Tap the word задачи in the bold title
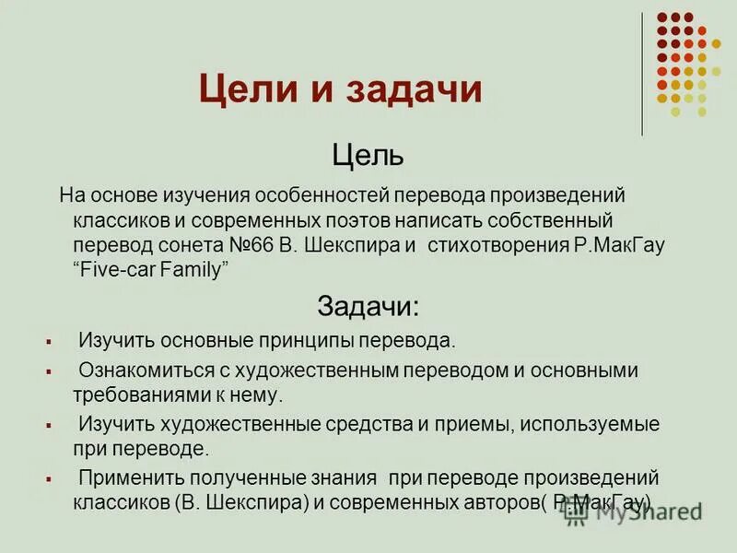(x=414, y=90)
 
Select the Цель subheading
(x=367, y=154)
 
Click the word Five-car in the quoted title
(x=119, y=268)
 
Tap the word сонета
(x=180, y=245)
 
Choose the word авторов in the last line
(x=502, y=503)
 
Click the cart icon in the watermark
(x=576, y=512)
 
